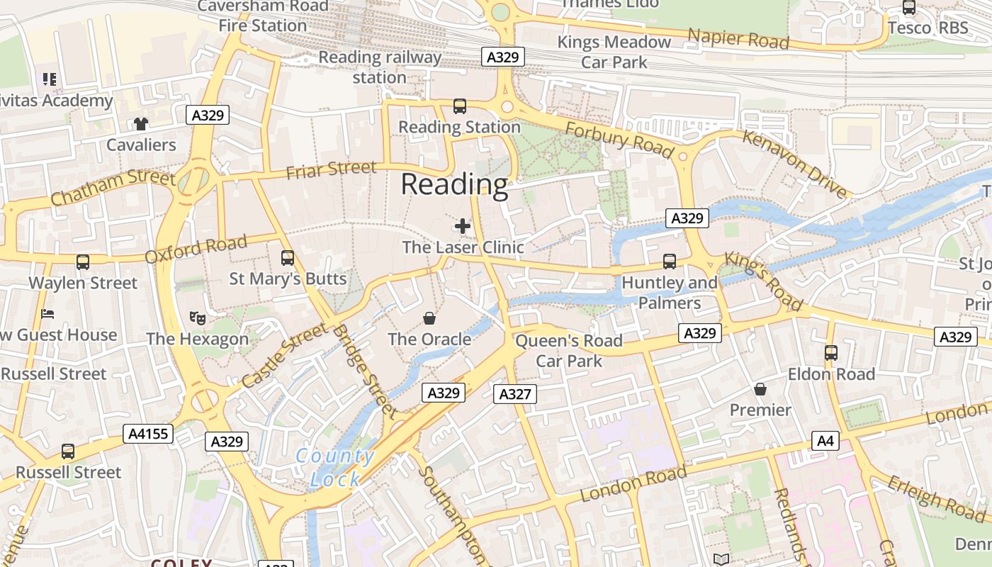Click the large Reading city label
[x=454, y=184]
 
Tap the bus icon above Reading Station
[x=459, y=107]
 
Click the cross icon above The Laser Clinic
[x=463, y=226]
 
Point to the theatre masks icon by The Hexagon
[x=198, y=318]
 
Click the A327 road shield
[x=514, y=394]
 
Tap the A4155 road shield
[x=149, y=434]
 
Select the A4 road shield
[x=825, y=441]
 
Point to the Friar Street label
[x=331, y=170]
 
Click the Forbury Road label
[x=619, y=139]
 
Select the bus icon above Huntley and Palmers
[x=669, y=262]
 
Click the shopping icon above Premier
[x=760, y=389]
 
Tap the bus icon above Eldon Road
[x=830, y=352]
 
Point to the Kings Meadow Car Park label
[x=614, y=52]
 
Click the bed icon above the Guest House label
[x=47, y=314]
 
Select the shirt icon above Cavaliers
[x=141, y=124]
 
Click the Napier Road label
[x=738, y=39]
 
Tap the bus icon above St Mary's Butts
[x=287, y=257]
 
